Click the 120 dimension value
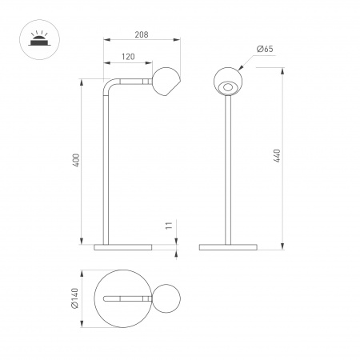coord(127,58)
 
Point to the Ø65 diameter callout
coord(265,50)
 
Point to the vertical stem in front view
coord(229,168)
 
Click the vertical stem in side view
coord(102,168)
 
